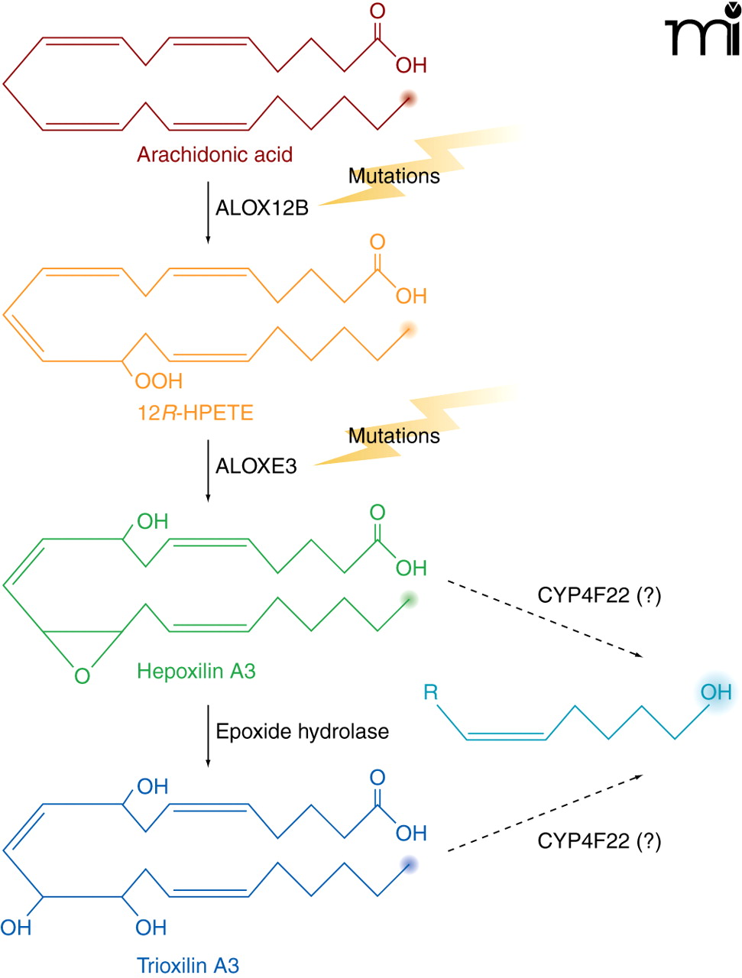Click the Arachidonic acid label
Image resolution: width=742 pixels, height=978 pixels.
click(x=215, y=154)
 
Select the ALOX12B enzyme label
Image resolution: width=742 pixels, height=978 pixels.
click(x=261, y=208)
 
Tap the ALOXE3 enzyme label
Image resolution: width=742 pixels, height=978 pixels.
click(x=256, y=466)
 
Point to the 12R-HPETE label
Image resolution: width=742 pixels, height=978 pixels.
click(x=195, y=413)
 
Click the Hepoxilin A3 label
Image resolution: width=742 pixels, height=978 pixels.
click(x=196, y=672)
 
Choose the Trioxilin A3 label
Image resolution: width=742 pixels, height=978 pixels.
click(x=188, y=966)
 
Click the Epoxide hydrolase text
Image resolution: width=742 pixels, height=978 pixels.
click(x=302, y=731)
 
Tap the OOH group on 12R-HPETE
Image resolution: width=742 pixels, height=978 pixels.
click(x=159, y=381)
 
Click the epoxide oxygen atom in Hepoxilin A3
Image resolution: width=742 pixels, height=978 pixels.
click(x=82, y=676)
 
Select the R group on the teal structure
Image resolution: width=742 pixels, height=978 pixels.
click(x=431, y=692)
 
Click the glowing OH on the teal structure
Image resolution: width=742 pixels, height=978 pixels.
click(x=716, y=692)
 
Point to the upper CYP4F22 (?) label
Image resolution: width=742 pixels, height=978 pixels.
click(x=599, y=595)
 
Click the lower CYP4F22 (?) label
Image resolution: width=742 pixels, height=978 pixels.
click(x=599, y=841)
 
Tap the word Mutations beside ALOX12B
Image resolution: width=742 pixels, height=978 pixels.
click(x=394, y=176)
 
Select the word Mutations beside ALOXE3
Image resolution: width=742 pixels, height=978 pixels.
click(x=394, y=436)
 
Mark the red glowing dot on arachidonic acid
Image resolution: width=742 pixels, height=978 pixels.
click(x=409, y=99)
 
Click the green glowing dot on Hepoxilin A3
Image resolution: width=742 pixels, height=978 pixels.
click(x=410, y=599)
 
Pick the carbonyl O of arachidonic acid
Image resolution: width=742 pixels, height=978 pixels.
click(x=377, y=11)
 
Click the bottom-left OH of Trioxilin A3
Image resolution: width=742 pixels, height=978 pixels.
click(x=16, y=928)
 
